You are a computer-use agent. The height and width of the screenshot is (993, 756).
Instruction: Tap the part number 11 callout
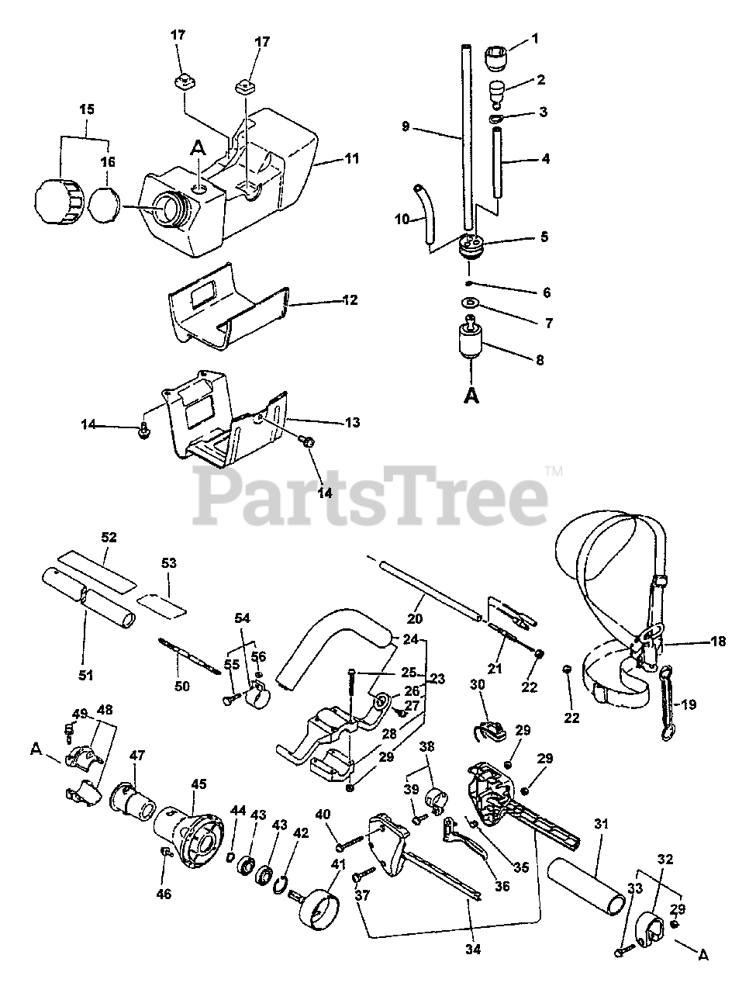[x=352, y=159]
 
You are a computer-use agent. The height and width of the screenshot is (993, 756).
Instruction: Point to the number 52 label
[x=109, y=537]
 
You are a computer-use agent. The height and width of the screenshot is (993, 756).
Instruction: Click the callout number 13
[x=352, y=423]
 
